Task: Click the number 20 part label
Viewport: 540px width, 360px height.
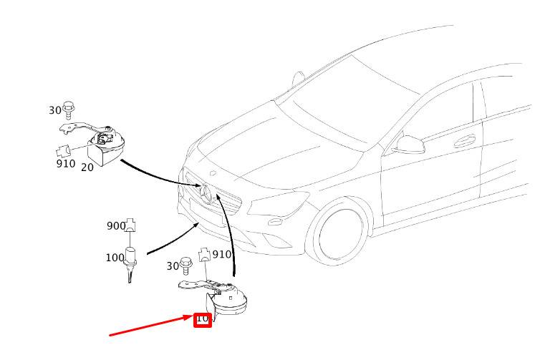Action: point(87,167)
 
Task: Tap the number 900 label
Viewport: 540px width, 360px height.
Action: point(116,226)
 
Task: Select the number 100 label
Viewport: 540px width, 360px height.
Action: point(115,258)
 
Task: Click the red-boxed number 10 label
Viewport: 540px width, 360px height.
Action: point(202,319)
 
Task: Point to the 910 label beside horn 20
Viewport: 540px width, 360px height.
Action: point(66,163)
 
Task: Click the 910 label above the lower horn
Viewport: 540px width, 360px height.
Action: point(222,255)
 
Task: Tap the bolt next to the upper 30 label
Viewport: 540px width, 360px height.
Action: point(68,109)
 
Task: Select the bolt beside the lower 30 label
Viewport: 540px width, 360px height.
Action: point(185,265)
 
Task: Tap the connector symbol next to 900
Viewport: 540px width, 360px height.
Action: point(130,225)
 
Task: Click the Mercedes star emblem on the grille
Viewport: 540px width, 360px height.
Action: point(206,194)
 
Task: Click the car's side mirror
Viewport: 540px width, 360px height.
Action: point(409,145)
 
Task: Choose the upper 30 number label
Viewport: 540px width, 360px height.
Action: point(55,110)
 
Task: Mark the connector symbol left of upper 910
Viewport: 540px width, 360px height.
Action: point(63,152)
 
